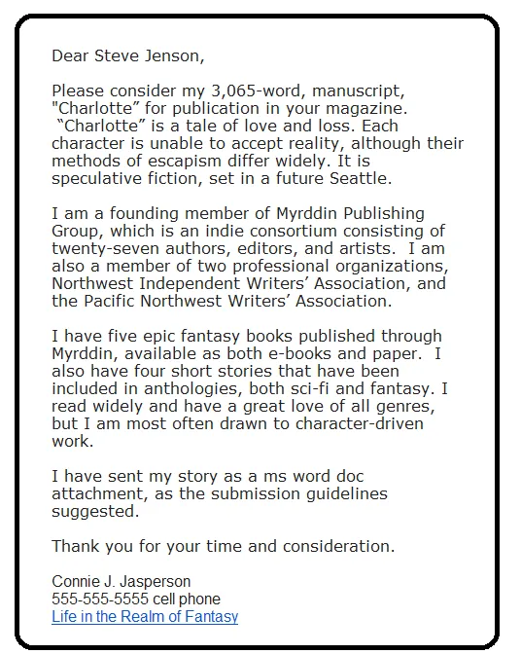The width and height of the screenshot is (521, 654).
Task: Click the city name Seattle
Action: (x=337, y=178)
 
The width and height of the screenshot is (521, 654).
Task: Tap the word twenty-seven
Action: (x=103, y=248)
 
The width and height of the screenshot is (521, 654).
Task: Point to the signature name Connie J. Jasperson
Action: (x=121, y=582)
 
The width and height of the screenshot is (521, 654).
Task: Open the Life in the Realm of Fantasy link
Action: (x=145, y=617)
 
